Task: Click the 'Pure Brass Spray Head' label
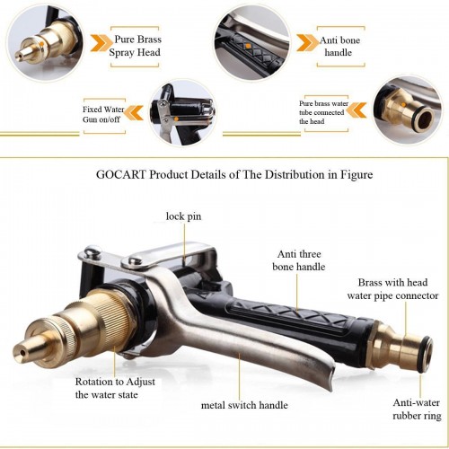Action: pos(135,46)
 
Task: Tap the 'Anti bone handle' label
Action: pos(339,47)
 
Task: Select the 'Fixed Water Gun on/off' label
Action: pos(103,114)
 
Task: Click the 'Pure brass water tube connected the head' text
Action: pos(323,112)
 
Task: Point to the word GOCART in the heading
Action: pos(121,174)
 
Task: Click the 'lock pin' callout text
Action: pos(183,216)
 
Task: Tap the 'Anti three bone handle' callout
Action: pos(299,260)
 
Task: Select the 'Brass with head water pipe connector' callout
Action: pos(392,289)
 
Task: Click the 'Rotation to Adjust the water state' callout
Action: pos(115,388)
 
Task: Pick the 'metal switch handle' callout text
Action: pos(244,405)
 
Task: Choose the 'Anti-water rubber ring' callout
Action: pos(417,409)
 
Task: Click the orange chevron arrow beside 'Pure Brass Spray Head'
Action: pos(100,43)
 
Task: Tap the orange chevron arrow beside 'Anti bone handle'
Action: pos(307,43)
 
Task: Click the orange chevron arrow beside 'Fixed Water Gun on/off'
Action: pos(134,113)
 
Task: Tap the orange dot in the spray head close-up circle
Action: pos(41,44)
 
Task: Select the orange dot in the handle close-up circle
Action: pos(248,46)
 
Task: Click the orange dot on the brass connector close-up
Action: pos(404,104)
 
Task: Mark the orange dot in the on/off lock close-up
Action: pos(176,119)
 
